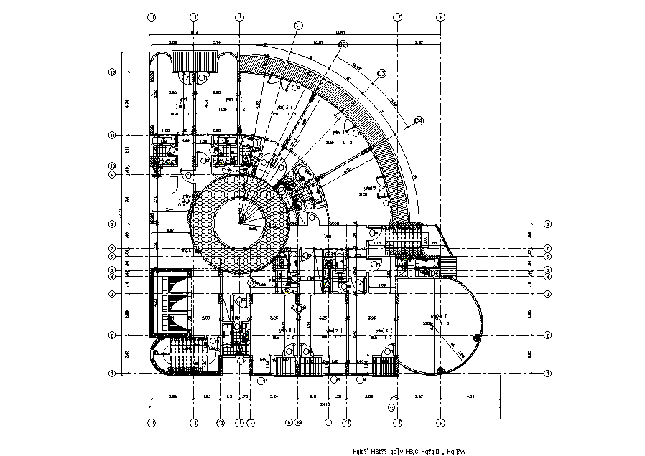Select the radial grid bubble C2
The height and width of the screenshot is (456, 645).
[342, 44]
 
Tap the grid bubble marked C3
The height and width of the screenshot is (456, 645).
[381, 73]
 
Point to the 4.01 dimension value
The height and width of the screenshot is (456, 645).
[470, 396]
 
